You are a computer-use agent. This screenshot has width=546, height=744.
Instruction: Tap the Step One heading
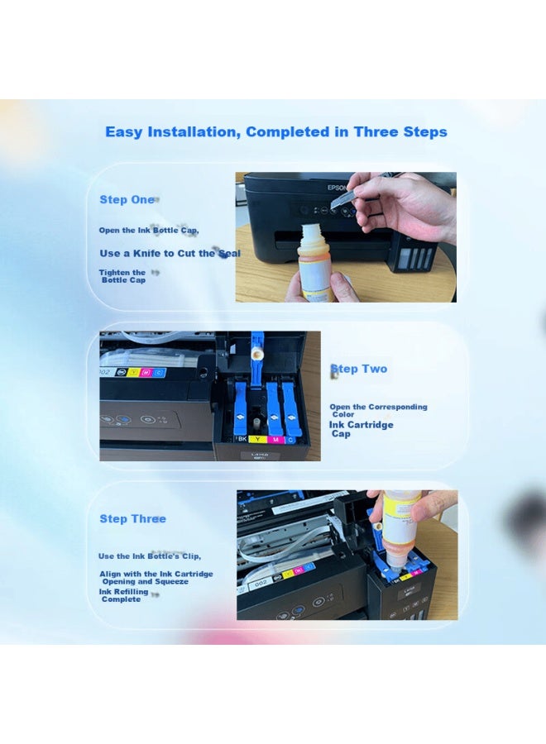coord(127,200)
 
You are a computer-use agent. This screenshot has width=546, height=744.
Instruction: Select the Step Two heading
coord(359,369)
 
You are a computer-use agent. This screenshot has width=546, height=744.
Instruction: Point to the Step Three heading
coord(133,518)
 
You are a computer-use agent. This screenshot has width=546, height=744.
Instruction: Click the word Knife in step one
coord(146,254)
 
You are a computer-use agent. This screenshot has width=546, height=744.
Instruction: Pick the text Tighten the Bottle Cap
coord(122,276)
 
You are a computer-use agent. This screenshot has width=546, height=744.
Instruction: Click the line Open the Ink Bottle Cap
coord(149,231)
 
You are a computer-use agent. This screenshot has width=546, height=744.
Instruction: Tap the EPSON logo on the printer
coord(337,188)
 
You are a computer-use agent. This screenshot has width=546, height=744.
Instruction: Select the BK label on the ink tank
coord(242,439)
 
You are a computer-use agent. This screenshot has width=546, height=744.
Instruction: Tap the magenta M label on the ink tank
coord(275,440)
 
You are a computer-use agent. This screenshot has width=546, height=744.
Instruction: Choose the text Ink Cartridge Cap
coord(362,429)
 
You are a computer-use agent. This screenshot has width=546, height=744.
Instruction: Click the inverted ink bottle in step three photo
coord(400,527)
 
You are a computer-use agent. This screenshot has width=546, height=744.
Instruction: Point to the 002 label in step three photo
coord(261,583)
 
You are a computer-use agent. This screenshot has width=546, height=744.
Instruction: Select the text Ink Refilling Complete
coord(123,595)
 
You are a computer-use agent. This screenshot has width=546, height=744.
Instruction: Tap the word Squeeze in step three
coord(171,582)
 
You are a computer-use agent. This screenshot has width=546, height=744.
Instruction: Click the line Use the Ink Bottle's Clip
coord(150,556)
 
